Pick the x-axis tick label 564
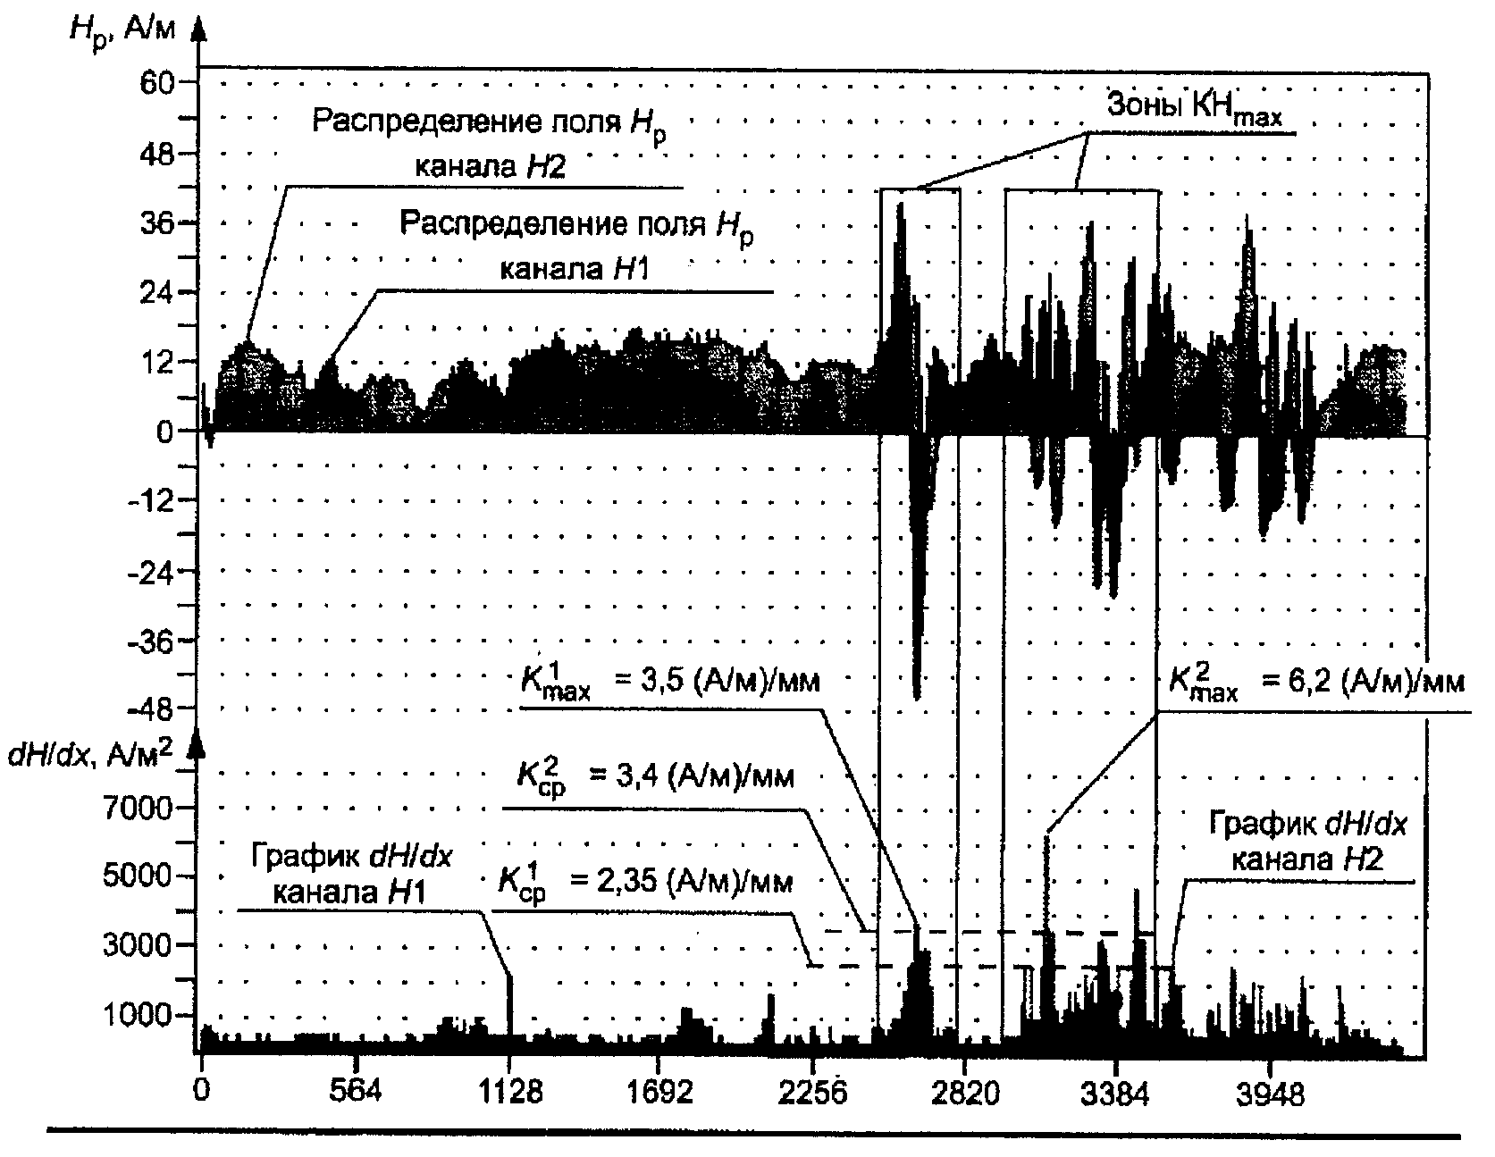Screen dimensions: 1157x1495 (356, 1091)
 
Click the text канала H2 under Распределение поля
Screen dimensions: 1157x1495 (490, 169)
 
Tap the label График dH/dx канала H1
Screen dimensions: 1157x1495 (350, 873)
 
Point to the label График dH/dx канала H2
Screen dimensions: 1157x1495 (1306, 841)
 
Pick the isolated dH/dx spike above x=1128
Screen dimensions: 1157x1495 (510, 1001)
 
